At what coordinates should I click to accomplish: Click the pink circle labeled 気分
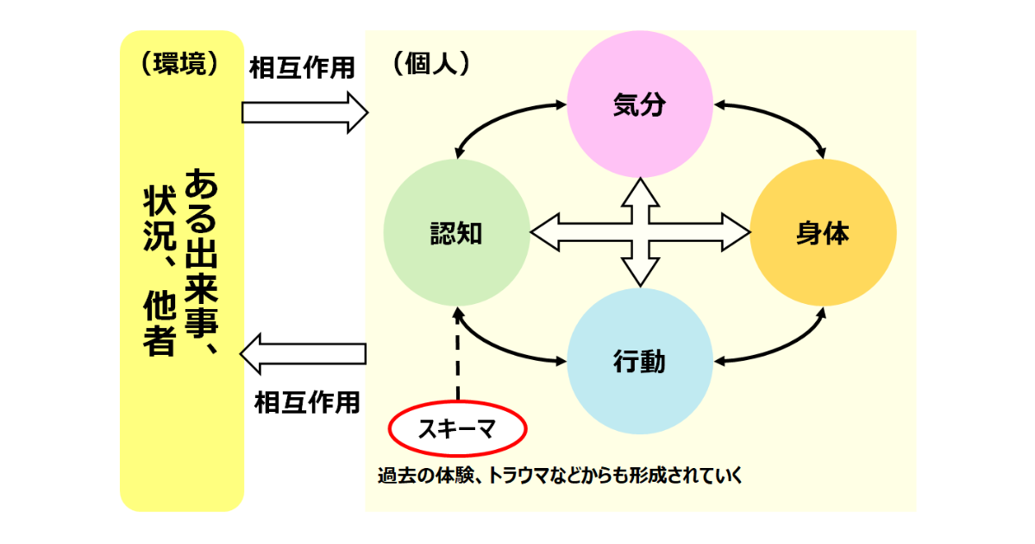[x=641, y=105]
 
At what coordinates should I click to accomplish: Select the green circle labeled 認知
[x=456, y=231]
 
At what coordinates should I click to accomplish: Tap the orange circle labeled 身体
[x=823, y=231]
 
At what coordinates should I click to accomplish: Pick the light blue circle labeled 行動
[x=641, y=361]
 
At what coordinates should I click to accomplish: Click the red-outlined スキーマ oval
[x=456, y=428]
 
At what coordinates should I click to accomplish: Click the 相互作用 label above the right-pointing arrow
[x=302, y=69]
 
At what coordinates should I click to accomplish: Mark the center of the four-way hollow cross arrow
[x=640, y=231]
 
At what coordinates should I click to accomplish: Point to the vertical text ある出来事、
[x=199, y=259]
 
